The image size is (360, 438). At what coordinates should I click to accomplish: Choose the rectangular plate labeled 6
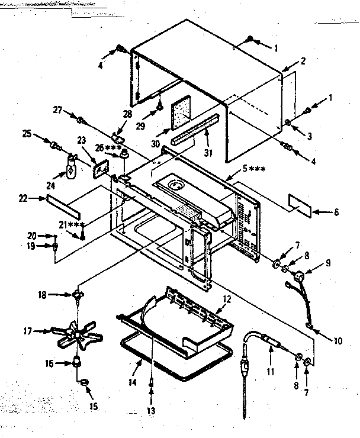[x=301, y=202]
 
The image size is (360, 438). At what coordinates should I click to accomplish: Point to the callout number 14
[x=133, y=383]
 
